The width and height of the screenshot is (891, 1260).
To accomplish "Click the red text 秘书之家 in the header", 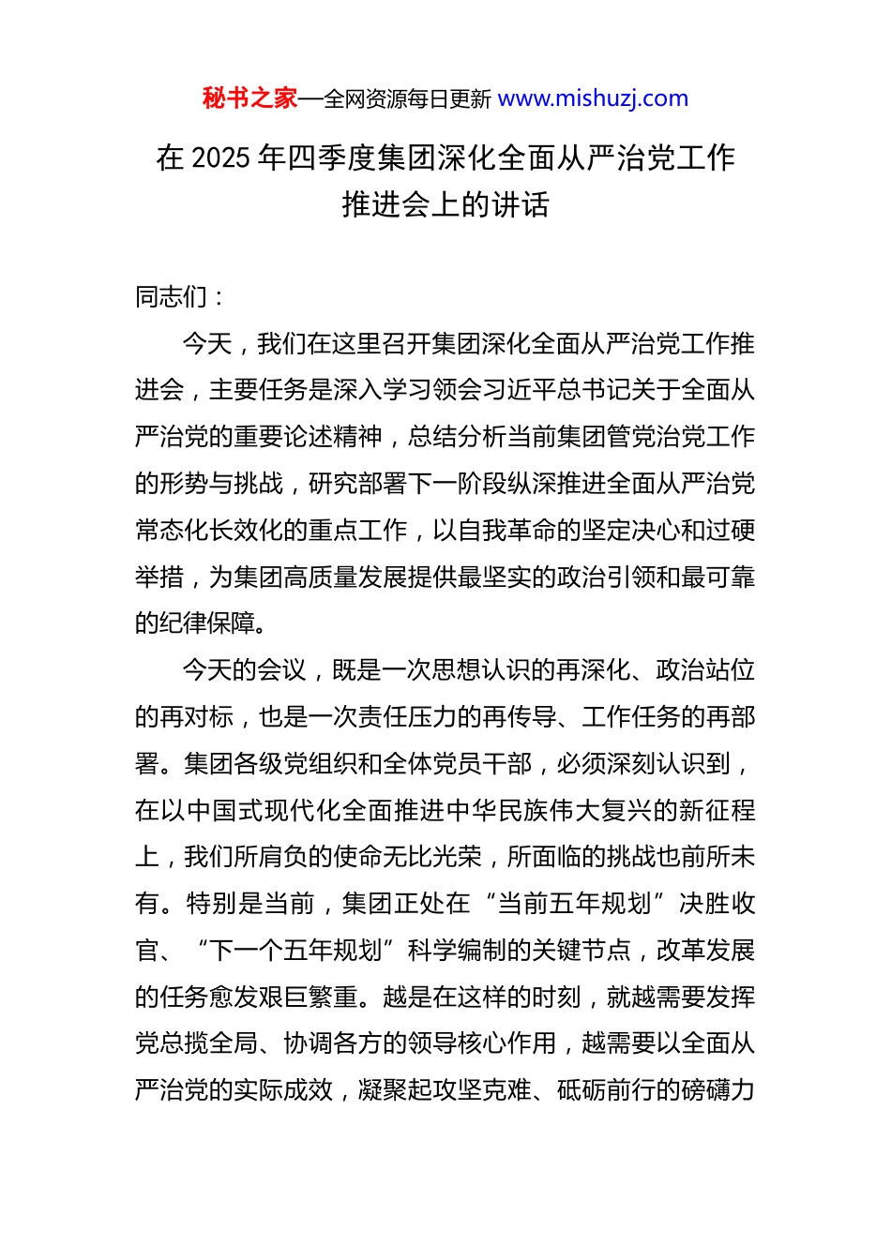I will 249,98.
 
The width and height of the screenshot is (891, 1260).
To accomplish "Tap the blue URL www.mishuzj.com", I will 593,98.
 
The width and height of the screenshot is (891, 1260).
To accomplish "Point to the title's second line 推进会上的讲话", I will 445,204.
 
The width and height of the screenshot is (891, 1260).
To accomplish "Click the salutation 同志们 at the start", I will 172,297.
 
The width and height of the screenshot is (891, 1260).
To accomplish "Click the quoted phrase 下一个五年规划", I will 295,951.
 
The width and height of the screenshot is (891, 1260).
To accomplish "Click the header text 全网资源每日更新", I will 407,99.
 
